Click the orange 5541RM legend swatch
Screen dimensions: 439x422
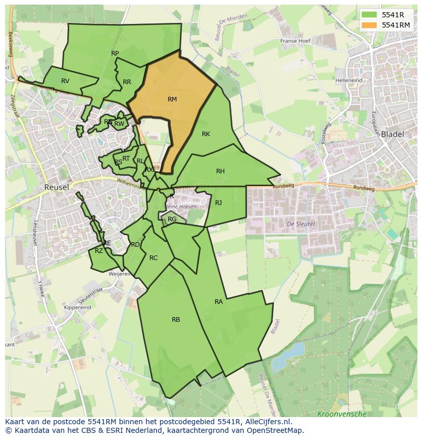370,25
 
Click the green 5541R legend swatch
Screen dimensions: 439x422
370,15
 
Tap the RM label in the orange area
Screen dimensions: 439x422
172,99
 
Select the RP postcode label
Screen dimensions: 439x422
115,54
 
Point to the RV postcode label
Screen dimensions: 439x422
65,81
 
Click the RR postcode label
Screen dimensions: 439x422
127,82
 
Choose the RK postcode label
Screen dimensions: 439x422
206,134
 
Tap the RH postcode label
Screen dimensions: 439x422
220,171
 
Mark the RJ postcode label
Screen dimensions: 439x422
219,203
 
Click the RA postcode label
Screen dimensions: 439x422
219,302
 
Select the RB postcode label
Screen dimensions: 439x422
176,320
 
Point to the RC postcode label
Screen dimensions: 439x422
153,258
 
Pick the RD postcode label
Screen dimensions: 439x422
135,245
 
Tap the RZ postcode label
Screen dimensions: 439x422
99,250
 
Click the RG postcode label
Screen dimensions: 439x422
172,219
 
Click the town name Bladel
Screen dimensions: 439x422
392,135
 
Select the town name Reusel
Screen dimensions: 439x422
57,187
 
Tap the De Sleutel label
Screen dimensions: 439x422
301,224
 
